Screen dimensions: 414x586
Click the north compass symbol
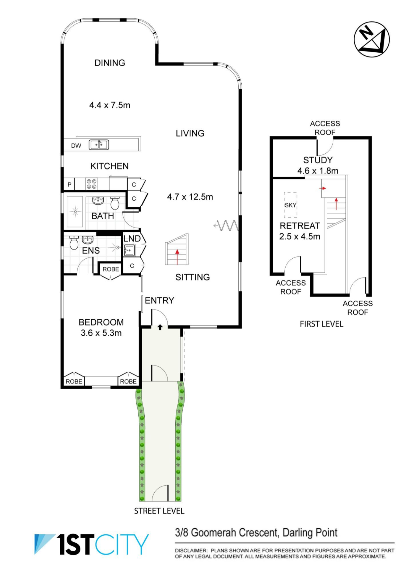[x=372, y=39]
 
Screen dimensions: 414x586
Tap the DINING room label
[x=110, y=63]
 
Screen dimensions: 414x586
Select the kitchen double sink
[x=99, y=145]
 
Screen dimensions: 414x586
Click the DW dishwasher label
[x=76, y=146]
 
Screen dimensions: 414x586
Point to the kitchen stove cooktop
[x=92, y=184]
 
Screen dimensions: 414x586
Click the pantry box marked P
[x=69, y=184]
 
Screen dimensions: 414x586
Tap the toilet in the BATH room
[x=115, y=203]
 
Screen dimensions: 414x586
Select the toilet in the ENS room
[x=74, y=243]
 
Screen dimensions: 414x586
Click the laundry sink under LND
[x=129, y=250]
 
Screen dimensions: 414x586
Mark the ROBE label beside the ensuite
[x=111, y=269]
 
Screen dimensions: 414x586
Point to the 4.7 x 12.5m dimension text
[x=190, y=197]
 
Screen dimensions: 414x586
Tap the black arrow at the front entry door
[x=160, y=327]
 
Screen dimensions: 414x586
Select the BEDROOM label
[x=101, y=322]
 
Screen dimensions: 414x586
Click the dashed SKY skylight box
[x=291, y=205]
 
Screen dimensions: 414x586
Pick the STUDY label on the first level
[x=318, y=160]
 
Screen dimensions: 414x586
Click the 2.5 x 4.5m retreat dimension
[x=300, y=236]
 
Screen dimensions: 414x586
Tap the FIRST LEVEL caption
[x=322, y=324]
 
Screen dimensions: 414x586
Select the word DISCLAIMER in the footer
[x=191, y=550]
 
